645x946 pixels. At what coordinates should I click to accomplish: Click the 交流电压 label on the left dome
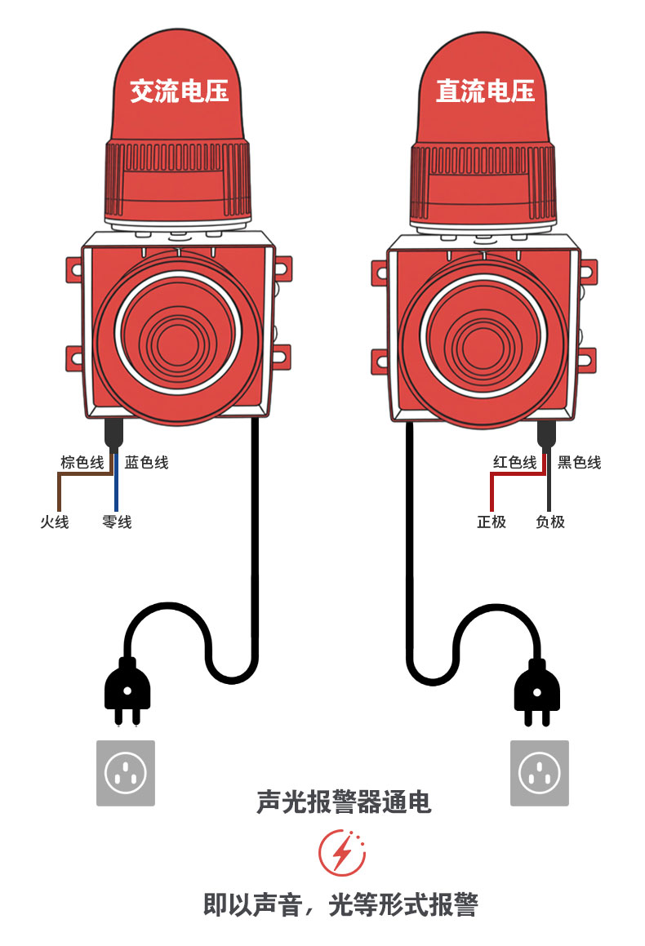pos(179,91)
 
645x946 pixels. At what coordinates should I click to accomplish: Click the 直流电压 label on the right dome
pos(485,91)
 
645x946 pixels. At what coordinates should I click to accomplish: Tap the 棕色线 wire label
pos(82,463)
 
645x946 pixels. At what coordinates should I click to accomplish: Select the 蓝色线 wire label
pos(146,463)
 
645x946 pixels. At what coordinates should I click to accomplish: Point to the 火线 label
pos(55,522)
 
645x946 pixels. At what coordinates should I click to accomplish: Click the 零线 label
pos(117,522)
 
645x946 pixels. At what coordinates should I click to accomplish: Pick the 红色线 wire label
pos(514,463)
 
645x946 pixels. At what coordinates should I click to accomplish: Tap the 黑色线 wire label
pos(579,463)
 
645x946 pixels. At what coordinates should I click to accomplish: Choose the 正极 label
pos(492,522)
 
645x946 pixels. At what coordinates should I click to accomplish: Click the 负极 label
pos(550,522)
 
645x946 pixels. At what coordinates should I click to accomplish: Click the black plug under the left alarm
pos(127,690)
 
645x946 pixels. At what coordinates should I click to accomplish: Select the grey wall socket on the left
pos(126,773)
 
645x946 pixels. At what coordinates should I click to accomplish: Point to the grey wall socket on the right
pos(539,773)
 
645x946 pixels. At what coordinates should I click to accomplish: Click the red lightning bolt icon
pos(342,853)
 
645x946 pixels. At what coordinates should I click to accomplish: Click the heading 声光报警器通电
pos(343,802)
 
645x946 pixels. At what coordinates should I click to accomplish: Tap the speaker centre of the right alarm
pos(483,335)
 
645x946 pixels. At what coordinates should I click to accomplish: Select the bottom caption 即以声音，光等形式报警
pos(340,904)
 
